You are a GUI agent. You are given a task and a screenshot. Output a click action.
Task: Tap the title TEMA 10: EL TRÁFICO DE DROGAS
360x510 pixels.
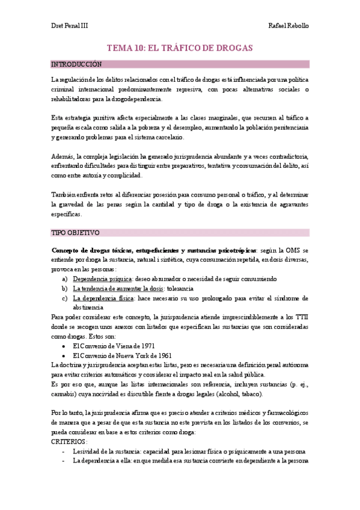point(180,48)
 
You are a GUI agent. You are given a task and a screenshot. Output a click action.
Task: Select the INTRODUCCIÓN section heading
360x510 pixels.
point(76,64)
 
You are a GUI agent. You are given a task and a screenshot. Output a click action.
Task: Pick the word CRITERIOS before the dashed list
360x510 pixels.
point(69,441)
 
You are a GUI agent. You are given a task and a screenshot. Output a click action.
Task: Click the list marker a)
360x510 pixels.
point(65,279)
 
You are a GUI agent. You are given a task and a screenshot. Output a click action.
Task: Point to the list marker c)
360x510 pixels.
point(65,298)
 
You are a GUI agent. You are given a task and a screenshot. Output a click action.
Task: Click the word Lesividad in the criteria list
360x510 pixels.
point(87,451)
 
